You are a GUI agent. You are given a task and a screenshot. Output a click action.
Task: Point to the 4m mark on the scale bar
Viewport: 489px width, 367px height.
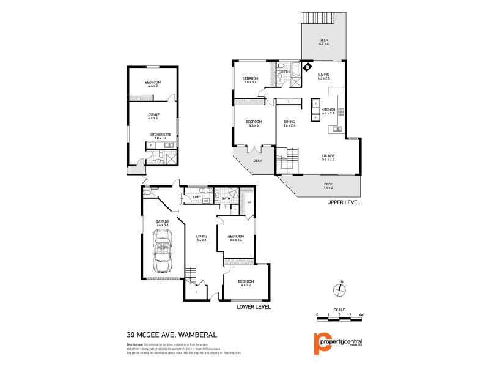tap(362, 314)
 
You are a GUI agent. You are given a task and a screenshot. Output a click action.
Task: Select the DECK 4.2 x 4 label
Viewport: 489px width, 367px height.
tap(323, 43)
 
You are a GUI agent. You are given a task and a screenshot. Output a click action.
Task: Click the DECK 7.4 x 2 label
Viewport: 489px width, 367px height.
tap(328, 186)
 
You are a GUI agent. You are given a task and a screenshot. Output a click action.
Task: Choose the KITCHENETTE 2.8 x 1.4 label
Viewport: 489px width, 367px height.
tap(161, 136)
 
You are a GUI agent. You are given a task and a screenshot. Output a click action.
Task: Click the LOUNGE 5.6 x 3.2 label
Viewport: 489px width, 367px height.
tap(328, 158)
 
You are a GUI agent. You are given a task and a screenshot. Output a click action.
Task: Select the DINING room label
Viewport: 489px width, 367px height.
tap(289, 124)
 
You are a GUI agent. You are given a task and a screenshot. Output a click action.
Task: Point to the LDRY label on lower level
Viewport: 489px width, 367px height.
tap(197, 197)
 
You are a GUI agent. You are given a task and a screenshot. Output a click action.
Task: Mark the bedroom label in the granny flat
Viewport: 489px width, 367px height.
tap(152, 84)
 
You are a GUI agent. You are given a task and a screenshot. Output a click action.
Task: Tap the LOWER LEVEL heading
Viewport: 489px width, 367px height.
tap(253, 306)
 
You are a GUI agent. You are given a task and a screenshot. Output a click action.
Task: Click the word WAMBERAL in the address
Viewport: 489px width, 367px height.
tap(195, 335)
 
